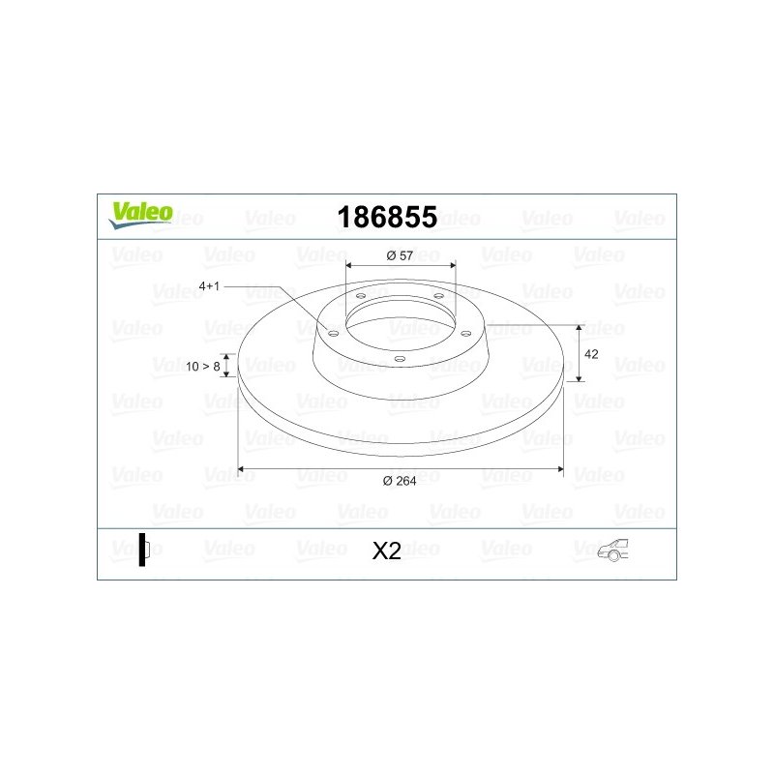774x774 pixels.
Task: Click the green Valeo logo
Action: pyautogui.click(x=140, y=216)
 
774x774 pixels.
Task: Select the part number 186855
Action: pyautogui.click(x=387, y=217)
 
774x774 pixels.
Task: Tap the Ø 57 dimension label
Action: pyautogui.click(x=400, y=255)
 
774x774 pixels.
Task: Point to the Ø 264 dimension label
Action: pyautogui.click(x=400, y=481)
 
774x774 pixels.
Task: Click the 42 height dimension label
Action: pyautogui.click(x=591, y=354)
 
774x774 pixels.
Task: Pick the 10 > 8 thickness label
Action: pyautogui.click(x=203, y=367)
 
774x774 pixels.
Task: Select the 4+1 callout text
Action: pyautogui.click(x=209, y=286)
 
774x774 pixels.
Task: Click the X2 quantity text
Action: pyautogui.click(x=386, y=551)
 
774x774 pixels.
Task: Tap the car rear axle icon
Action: pyautogui.click(x=612, y=550)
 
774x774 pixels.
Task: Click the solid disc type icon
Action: pyautogui.click(x=144, y=550)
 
